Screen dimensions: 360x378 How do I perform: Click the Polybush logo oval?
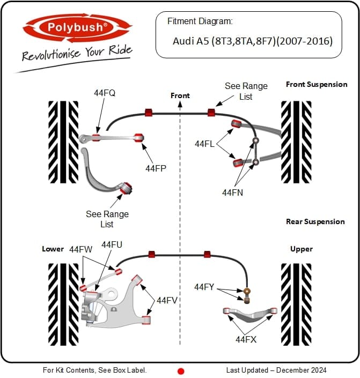[77, 28]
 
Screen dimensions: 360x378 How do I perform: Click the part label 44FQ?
[105, 93]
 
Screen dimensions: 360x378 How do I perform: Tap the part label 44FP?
[156, 168]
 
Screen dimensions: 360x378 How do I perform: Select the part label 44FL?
[204, 144]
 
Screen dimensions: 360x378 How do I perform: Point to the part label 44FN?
[233, 192]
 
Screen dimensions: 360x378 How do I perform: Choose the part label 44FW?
[80, 249]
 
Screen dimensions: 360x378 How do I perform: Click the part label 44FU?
[112, 244]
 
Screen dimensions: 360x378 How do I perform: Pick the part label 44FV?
[167, 300]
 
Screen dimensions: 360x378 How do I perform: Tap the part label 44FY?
[204, 287]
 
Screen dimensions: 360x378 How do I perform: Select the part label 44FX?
[246, 339]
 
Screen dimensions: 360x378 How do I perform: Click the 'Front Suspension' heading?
[317, 84]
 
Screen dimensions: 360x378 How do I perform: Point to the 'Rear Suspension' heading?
[315, 221]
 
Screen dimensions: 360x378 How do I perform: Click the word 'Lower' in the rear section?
[53, 249]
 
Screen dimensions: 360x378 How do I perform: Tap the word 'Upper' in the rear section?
[302, 249]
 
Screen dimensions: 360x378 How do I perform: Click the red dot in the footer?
[181, 371]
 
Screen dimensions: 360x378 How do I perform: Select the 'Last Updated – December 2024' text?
[276, 370]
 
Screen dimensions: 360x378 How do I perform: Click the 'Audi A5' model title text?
[253, 41]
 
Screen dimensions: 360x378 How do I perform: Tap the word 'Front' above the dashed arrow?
[180, 95]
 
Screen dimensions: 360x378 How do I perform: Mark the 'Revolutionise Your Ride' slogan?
[77, 53]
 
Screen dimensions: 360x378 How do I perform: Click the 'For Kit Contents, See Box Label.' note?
[94, 370]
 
